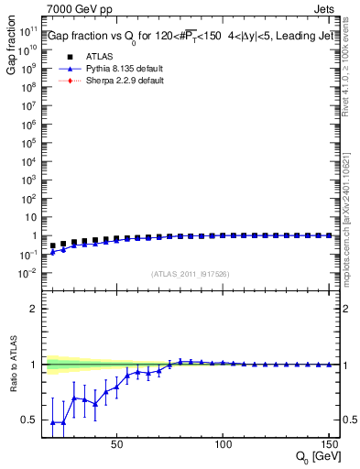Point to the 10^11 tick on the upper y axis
tap(27, 30)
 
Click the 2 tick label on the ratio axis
tap(35, 309)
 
